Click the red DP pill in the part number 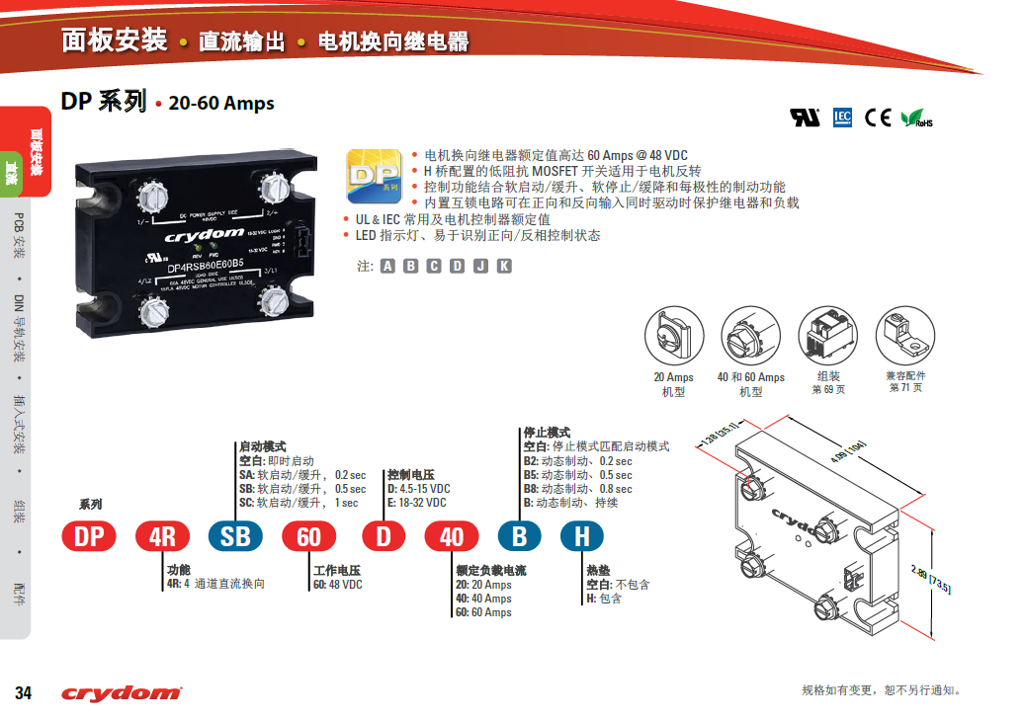pos(89,536)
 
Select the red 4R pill pos(161,536)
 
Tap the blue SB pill pos(235,536)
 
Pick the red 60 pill pos(309,536)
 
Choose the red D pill pos(384,536)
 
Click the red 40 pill pos(452,536)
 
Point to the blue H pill pos(582,536)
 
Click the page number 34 pos(23,693)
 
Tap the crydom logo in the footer pos(122,693)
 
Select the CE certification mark pos(878,118)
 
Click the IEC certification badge pos(842,118)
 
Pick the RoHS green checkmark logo pos(915,119)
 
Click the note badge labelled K pos(504,266)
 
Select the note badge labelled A pos(387,266)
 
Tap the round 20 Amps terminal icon pos(673,337)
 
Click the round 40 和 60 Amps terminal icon pos(750,337)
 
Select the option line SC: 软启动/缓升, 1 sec pos(299,503)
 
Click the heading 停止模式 pos(546,433)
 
